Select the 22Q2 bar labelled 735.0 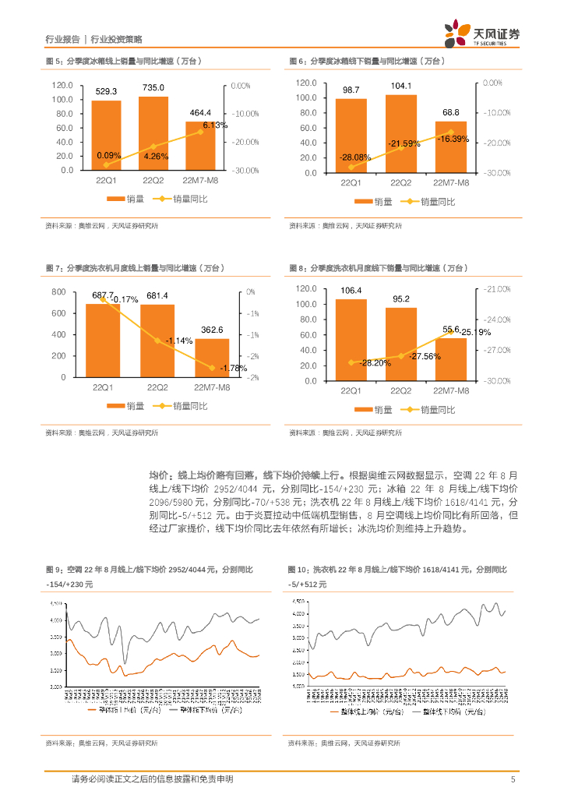point(153,132)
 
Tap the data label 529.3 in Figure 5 point(107,90)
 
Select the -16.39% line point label point(453,139)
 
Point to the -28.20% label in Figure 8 point(354,363)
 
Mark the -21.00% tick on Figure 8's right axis point(497,289)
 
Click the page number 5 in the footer point(513,779)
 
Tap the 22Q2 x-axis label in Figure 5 point(153,181)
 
